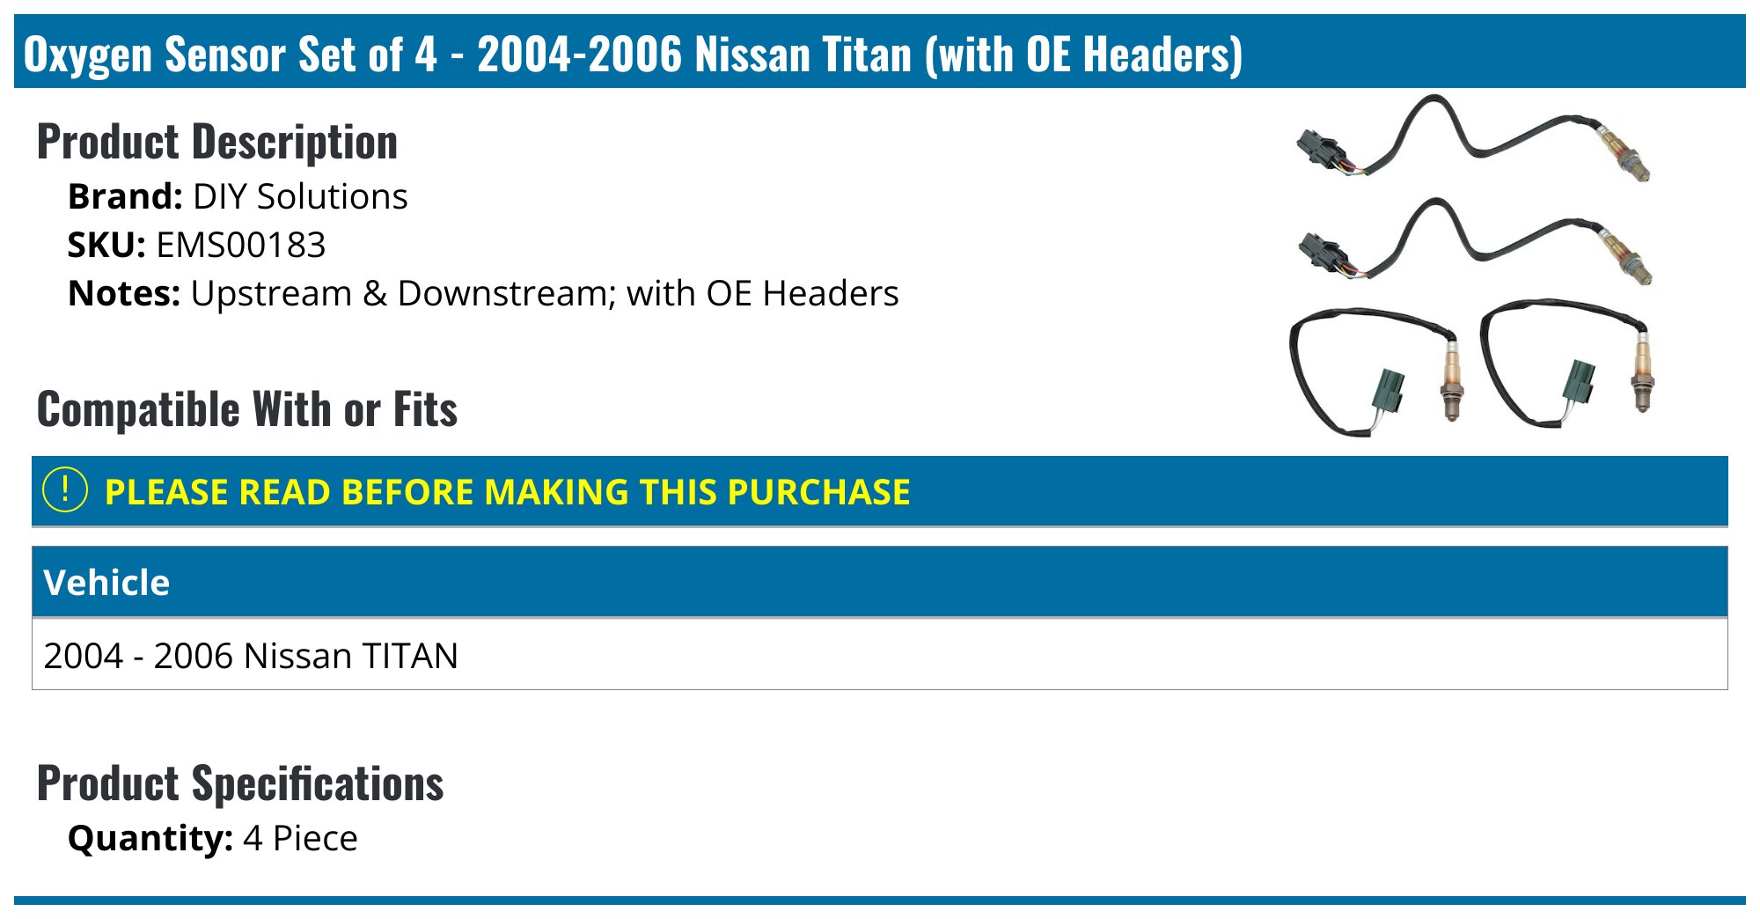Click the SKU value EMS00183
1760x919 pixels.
240,245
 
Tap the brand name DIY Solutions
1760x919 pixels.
300,196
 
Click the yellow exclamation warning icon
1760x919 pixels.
65,490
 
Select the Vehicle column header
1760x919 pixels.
106,583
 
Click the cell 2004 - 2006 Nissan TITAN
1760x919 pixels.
251,656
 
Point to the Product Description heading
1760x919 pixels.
217,142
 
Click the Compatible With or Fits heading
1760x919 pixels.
247,409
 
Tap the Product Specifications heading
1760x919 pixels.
240,783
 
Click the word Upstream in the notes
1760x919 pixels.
271,293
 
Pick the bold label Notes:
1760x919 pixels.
124,293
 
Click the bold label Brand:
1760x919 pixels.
125,196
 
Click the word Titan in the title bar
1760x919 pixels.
867,55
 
